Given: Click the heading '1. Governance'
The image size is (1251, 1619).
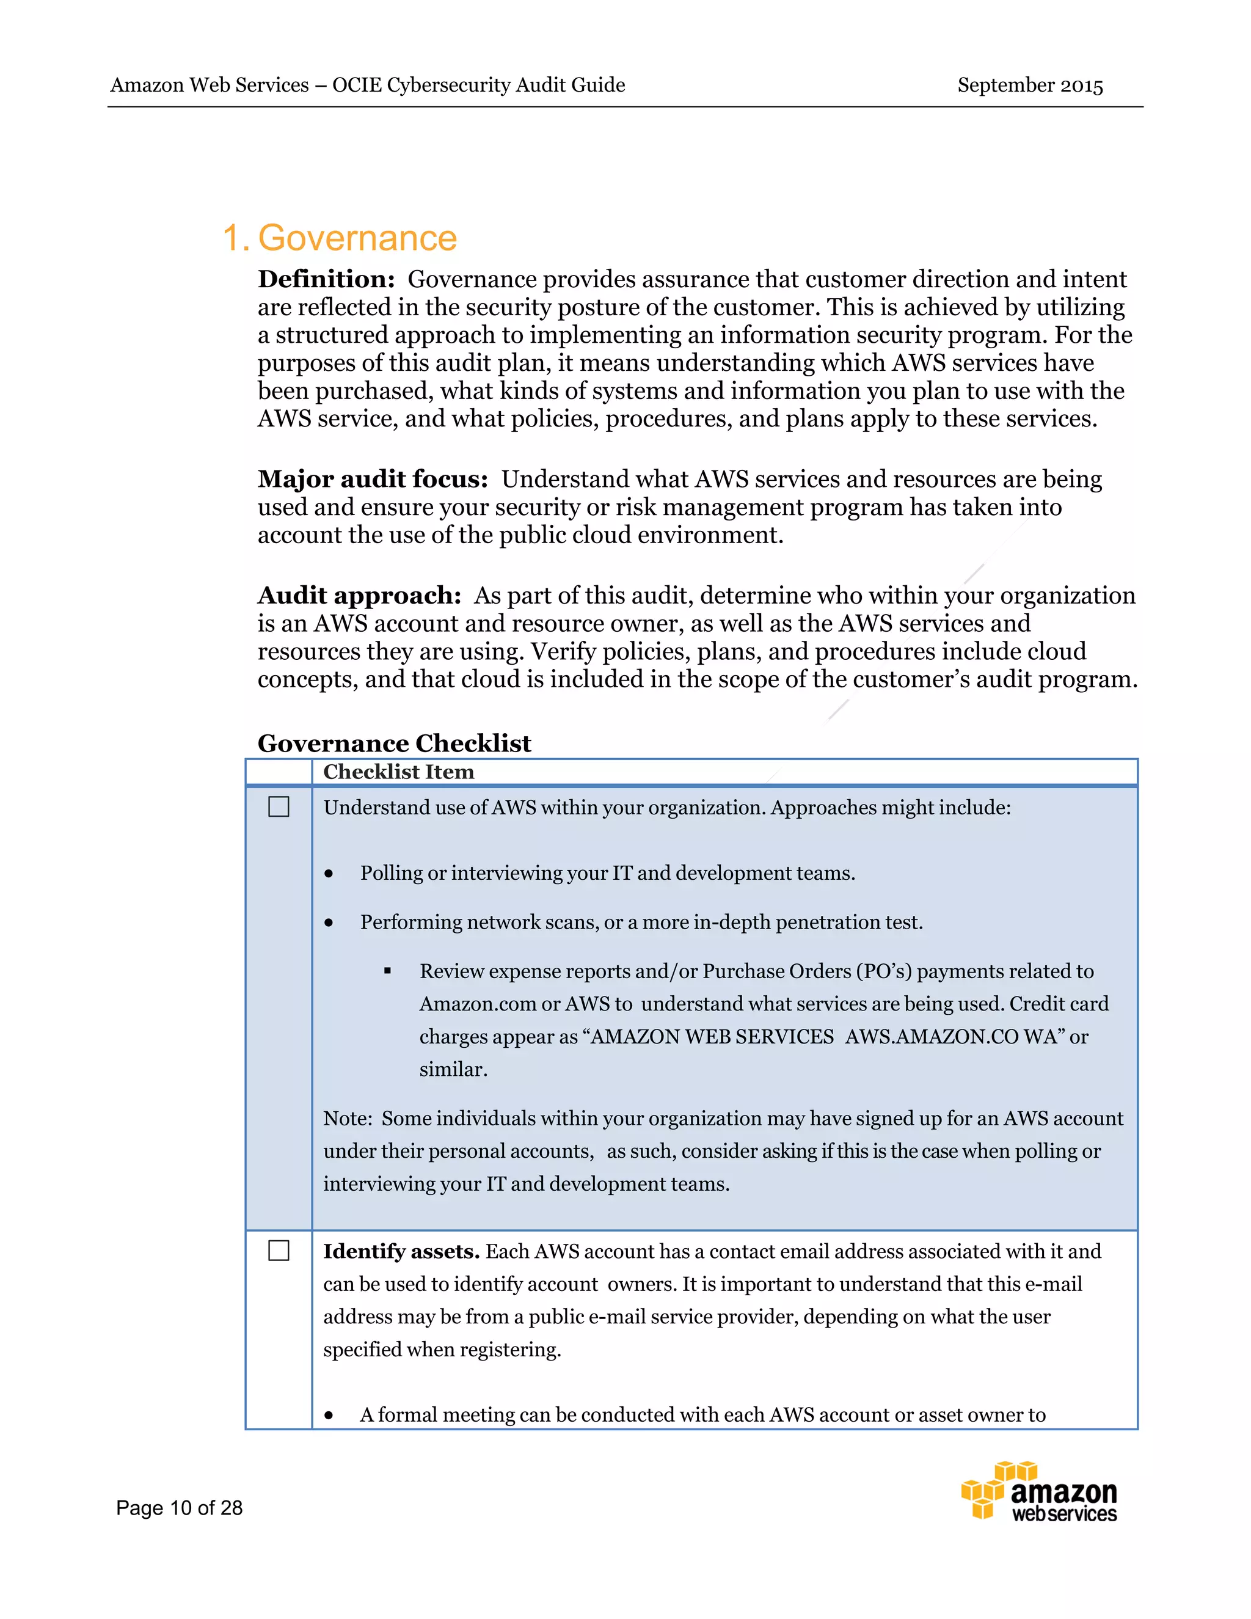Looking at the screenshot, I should coord(340,239).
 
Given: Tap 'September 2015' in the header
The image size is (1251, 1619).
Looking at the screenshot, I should coord(1029,86).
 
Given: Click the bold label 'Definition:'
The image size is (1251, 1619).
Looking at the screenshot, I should coord(326,279).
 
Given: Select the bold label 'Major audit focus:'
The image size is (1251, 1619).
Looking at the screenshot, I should coord(373,480).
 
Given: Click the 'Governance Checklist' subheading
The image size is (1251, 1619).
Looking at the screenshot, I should coord(393,744).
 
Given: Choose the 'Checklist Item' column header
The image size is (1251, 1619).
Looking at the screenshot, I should coord(398,772).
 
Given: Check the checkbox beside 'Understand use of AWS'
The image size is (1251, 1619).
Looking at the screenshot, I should coord(279,806).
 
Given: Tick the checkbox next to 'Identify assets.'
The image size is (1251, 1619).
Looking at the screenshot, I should coord(279,1251).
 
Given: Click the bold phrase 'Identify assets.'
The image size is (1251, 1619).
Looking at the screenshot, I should coord(401,1251).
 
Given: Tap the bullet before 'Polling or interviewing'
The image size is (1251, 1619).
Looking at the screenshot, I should coord(328,875).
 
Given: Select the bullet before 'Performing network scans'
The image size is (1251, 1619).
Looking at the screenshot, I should coord(328,924).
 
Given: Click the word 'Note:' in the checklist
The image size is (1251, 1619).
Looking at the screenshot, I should coord(347,1119).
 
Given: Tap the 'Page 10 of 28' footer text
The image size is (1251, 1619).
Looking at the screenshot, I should coord(180,1508).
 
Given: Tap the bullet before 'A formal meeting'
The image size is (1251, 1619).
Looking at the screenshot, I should coord(328,1416).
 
